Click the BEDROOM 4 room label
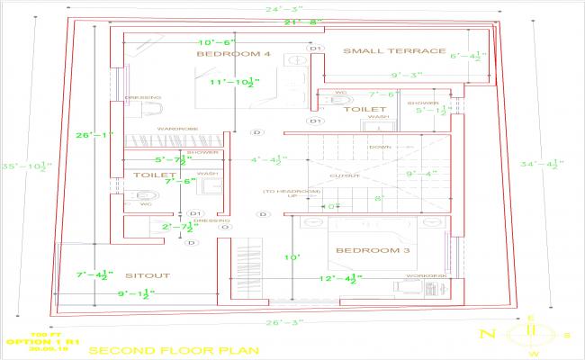coord(234,55)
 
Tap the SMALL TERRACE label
coord(393,51)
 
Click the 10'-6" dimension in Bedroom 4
coord(216,41)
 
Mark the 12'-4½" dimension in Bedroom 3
coord(340,279)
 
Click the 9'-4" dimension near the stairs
coord(420,174)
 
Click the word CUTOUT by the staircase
coord(349,175)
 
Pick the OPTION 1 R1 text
coord(43,343)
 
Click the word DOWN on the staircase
coord(379,147)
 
